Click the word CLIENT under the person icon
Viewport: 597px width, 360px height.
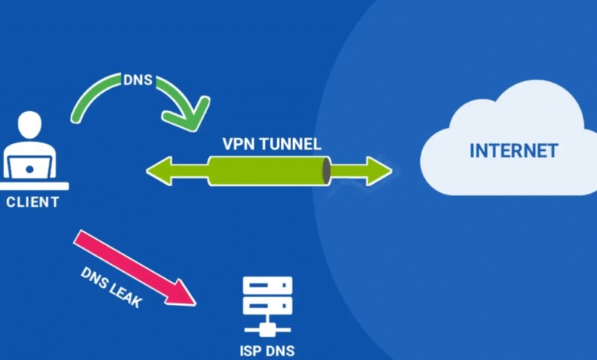[x=31, y=202]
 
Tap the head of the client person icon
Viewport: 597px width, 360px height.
[x=30, y=126]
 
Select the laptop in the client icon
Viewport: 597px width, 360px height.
[x=30, y=165]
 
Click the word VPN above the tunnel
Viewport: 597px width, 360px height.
[x=238, y=144]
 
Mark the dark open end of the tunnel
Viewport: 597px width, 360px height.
[x=326, y=171]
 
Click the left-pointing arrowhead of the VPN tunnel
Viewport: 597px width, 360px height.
[x=159, y=171]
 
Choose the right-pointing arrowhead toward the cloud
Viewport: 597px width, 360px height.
[x=378, y=171]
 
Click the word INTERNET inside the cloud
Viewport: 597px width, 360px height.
[x=514, y=150]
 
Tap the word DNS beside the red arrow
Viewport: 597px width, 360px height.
[x=93, y=277]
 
